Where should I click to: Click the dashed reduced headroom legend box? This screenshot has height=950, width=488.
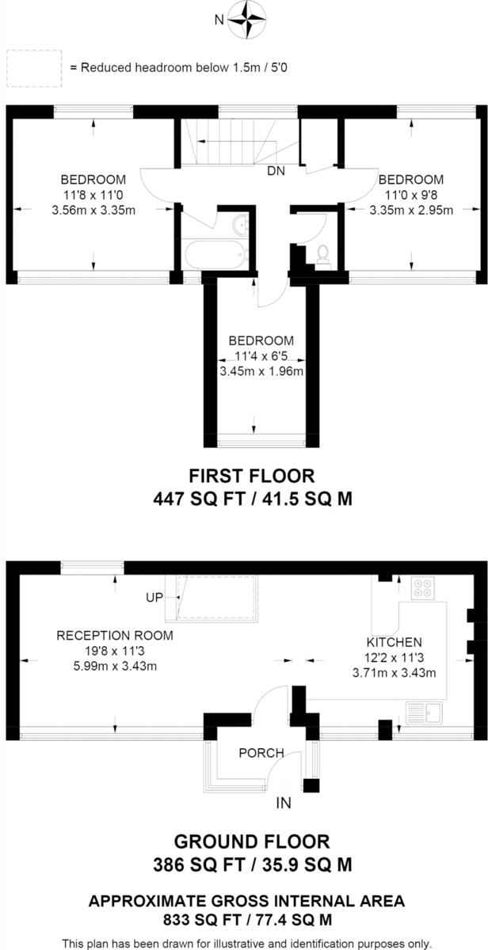click(34, 67)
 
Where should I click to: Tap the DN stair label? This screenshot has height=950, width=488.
click(276, 170)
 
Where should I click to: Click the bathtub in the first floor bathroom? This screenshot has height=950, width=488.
click(214, 256)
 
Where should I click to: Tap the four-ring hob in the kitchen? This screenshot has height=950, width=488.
click(423, 589)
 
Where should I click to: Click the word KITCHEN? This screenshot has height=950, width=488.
click(394, 642)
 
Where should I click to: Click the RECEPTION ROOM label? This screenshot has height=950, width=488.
click(114, 635)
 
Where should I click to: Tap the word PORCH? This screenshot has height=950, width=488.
click(261, 753)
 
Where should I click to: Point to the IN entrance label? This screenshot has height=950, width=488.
click(284, 804)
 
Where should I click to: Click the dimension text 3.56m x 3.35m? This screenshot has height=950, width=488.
click(93, 210)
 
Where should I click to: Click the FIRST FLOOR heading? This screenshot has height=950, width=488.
click(251, 476)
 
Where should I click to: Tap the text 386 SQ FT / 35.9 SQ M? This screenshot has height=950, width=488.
click(251, 864)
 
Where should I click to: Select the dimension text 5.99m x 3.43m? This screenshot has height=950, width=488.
click(114, 666)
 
